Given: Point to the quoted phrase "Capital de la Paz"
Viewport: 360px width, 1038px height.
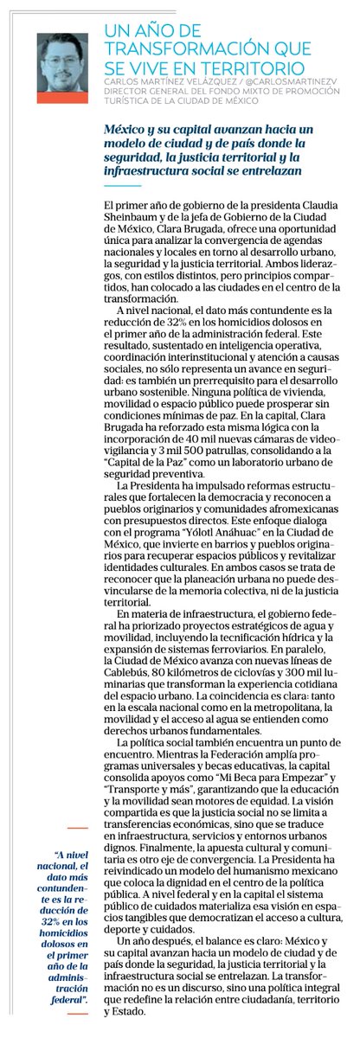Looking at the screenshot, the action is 145,477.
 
